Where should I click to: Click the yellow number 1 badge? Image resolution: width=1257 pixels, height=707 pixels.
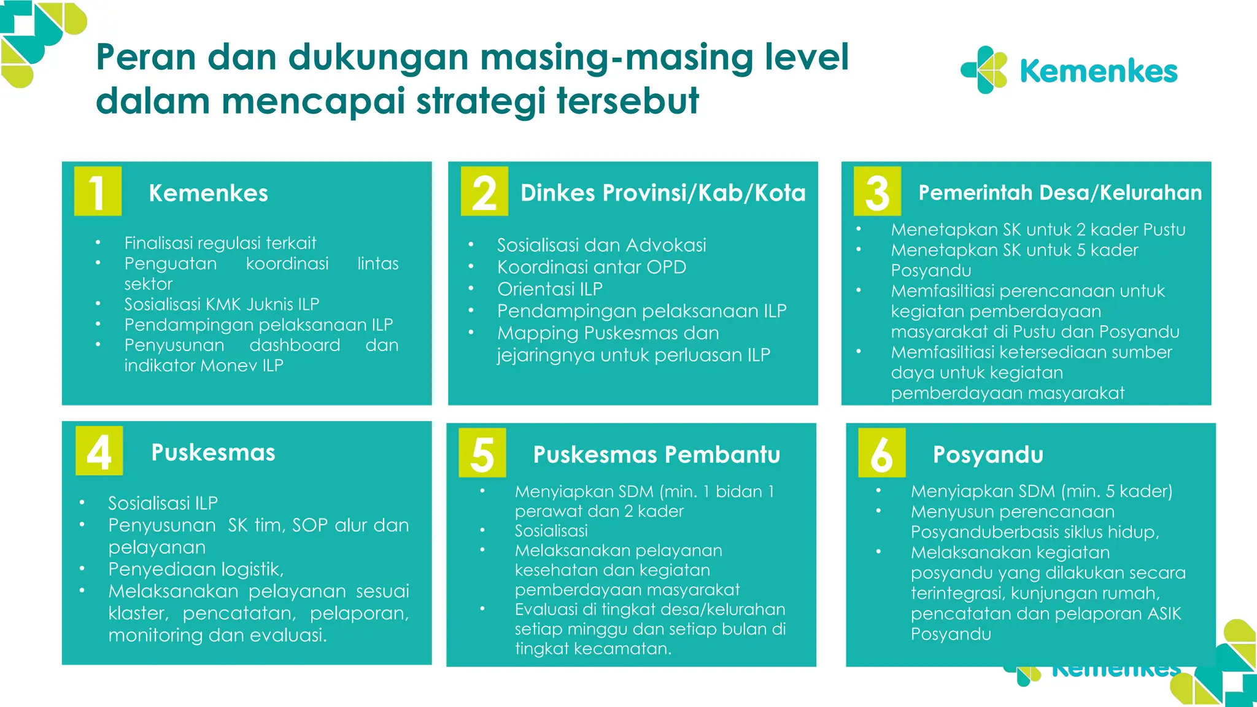point(98,191)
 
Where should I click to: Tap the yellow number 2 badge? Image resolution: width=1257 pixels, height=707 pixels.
point(484,191)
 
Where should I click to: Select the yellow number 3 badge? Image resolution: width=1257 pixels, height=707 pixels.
point(877,191)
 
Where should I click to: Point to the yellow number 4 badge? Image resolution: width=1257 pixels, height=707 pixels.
point(99,451)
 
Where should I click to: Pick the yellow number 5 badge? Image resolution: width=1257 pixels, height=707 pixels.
point(482,453)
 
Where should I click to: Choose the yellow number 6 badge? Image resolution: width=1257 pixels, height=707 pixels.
point(881,453)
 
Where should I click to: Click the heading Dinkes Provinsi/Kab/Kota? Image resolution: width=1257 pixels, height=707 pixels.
point(663,193)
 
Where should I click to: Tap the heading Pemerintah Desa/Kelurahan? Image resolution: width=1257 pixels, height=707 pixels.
point(1060,193)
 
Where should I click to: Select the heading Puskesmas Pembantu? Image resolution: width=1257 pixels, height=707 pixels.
point(657,455)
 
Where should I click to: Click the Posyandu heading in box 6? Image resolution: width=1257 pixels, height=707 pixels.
point(988,455)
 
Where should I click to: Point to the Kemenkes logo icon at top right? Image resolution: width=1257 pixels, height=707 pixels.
point(984,70)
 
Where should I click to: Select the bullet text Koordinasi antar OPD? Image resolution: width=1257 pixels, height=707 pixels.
point(592,267)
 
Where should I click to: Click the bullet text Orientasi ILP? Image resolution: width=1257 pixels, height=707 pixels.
point(550,289)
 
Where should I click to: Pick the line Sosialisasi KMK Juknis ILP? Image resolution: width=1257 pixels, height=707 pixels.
point(222,304)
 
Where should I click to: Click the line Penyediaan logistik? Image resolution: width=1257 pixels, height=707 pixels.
point(196,570)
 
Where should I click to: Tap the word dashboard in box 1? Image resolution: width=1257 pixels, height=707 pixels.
point(295,345)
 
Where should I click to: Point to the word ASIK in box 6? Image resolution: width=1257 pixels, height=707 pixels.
point(1156,614)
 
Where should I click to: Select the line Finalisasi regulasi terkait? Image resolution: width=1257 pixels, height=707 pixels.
point(220,243)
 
